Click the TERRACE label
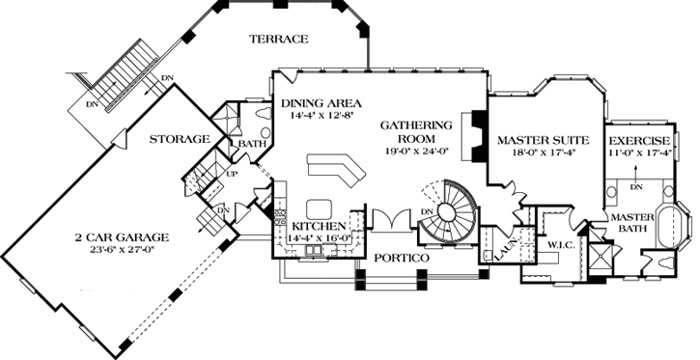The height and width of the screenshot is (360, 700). coord(278,40)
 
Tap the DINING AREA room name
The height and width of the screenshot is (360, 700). coord(322,102)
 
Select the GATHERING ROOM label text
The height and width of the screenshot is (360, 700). coord(416,131)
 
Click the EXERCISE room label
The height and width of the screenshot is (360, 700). coord(639,141)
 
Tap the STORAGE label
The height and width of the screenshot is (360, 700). coord(181,140)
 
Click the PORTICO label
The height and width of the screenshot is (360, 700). coord(402,260)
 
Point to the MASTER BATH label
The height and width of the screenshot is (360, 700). coord(631,222)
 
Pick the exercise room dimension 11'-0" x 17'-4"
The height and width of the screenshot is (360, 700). coord(639,152)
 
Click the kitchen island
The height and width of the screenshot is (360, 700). coord(320,207)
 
